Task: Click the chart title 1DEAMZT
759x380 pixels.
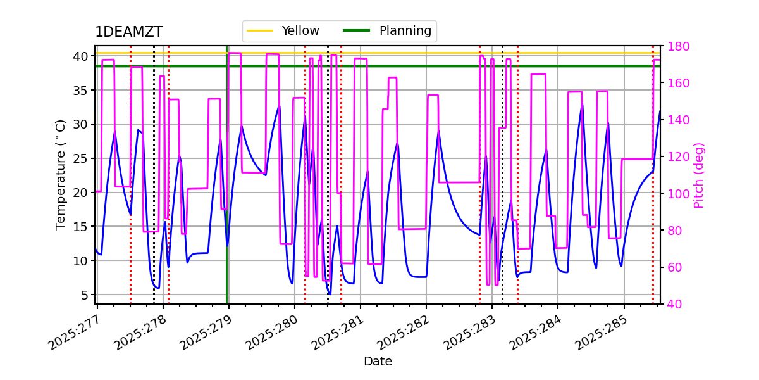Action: click(128, 32)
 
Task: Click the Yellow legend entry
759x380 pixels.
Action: click(300, 30)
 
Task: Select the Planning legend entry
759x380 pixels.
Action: click(405, 30)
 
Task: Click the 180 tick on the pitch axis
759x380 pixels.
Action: click(676, 46)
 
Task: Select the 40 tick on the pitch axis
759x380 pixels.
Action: click(672, 304)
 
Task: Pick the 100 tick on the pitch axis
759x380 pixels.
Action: click(676, 194)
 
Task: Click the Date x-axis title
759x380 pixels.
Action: click(378, 362)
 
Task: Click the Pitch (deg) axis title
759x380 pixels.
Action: click(699, 175)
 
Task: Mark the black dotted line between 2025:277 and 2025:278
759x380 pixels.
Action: click(154, 190)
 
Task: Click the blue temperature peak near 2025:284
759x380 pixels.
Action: click(582, 104)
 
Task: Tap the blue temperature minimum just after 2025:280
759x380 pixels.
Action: click(329, 294)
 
